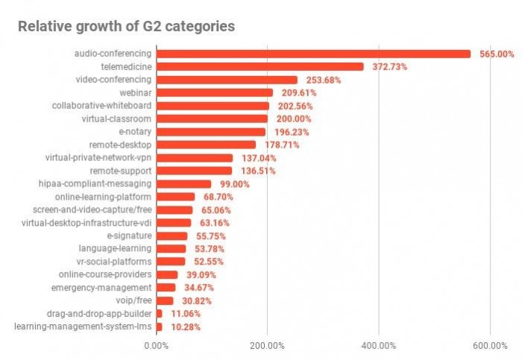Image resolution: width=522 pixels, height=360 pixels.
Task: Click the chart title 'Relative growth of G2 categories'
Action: (126, 27)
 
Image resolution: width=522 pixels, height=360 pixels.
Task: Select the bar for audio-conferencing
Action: (313, 54)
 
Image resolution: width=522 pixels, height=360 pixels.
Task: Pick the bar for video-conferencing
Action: (227, 80)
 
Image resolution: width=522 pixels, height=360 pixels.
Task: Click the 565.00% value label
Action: (497, 54)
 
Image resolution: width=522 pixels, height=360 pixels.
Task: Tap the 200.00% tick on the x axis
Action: (267, 346)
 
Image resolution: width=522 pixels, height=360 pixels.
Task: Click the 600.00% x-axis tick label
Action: (490, 346)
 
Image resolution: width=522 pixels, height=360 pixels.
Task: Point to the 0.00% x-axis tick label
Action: (156, 346)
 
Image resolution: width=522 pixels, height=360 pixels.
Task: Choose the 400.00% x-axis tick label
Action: (379, 346)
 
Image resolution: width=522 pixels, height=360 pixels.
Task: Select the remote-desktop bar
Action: (206, 145)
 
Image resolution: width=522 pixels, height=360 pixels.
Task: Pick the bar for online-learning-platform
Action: (175, 197)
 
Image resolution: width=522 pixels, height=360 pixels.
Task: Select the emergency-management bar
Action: (166, 288)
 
